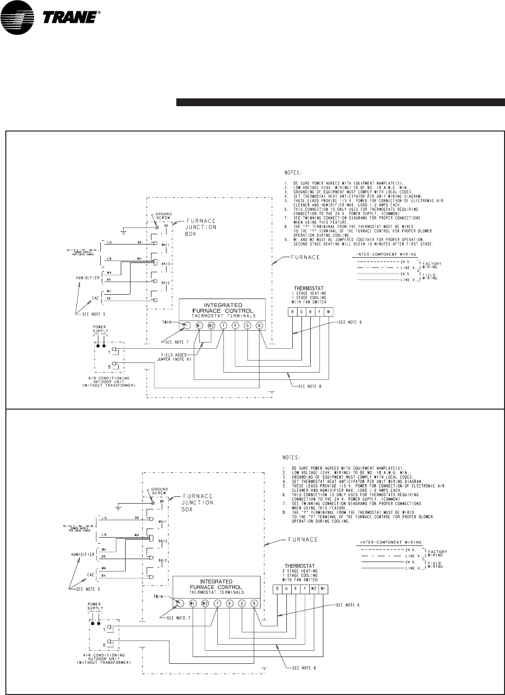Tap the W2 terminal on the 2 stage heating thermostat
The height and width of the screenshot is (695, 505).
314,588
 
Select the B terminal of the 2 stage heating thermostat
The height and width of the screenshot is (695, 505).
278,588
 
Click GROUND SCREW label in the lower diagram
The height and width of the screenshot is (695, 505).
160,491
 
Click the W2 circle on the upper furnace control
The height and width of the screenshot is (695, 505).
211,326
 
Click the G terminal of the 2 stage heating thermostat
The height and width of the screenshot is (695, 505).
287,588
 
